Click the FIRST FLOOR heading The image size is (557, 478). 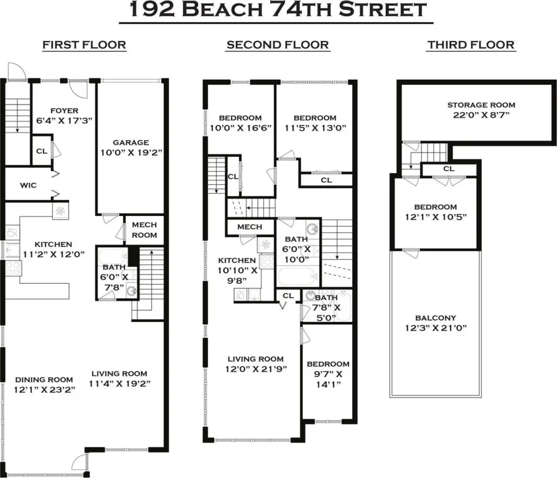(x=84, y=45)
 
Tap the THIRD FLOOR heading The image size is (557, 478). (x=471, y=45)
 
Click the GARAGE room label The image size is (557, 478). (x=131, y=143)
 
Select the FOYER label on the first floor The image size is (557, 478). (x=64, y=111)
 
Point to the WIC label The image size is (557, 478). (x=28, y=185)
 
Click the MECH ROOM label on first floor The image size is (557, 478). (x=144, y=230)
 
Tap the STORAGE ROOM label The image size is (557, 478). (x=481, y=105)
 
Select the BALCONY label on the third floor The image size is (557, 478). (x=436, y=318)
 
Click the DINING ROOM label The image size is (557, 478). (x=44, y=380)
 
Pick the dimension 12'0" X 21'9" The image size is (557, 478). (x=256, y=369)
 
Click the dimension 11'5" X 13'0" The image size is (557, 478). (x=316, y=128)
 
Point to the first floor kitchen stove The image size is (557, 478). (x=14, y=268)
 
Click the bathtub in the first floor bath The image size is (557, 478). (x=113, y=256)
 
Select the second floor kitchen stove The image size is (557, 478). (x=267, y=262)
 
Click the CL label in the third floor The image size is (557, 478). (x=449, y=169)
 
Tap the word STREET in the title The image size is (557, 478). (x=383, y=9)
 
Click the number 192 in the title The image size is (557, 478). (x=152, y=9)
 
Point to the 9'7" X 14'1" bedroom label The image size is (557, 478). (x=328, y=374)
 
